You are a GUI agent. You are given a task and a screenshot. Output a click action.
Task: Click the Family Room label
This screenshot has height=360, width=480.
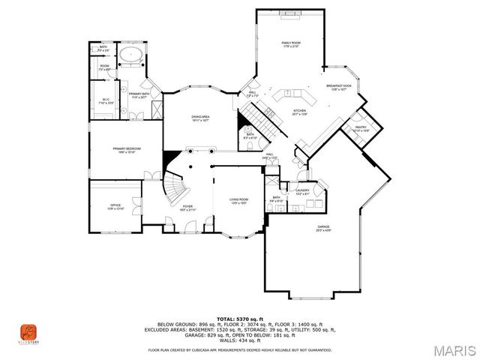pos(290,44)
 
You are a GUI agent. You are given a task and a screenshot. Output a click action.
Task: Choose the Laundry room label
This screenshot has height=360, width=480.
pos(302,191)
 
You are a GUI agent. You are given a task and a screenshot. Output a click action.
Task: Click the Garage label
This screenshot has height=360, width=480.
pos(323,226)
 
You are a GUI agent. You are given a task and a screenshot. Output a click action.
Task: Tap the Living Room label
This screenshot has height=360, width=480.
pos(238,199)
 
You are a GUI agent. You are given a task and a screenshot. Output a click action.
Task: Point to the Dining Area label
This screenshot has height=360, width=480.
pos(199,118)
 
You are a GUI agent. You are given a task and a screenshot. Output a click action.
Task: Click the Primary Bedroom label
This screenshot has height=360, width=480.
pos(126,149)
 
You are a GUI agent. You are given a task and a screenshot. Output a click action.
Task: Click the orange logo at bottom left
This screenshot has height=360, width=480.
pos(28,331)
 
